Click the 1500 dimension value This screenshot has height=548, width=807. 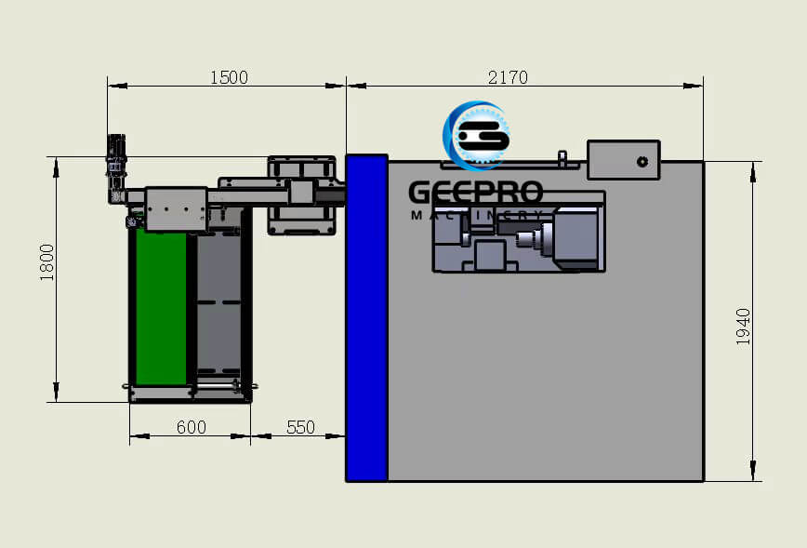tap(229, 78)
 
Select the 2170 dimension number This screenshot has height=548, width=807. tap(508, 78)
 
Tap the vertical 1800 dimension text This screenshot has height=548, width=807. tap(47, 261)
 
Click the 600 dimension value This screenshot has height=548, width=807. tap(191, 427)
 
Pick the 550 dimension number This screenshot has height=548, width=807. tap(300, 427)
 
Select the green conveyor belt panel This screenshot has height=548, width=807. tap(161, 307)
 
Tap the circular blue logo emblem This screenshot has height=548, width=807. tap(477, 136)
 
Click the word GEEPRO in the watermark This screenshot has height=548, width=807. tap(475, 193)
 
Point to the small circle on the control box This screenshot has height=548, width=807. tap(642, 161)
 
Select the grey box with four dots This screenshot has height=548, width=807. tap(176, 208)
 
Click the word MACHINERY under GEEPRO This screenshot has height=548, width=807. tap(477, 216)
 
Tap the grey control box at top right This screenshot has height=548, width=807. tap(623, 160)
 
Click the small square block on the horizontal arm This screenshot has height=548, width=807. tap(301, 193)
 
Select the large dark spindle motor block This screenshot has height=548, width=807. tap(575, 238)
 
